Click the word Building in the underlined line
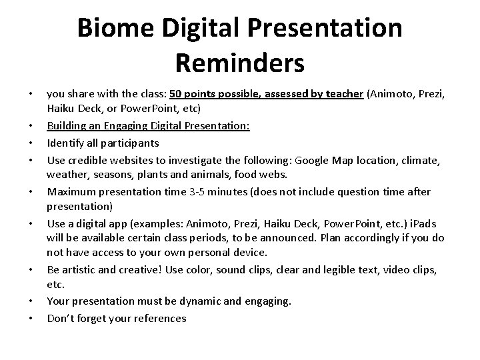click(x=67, y=126)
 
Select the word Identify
click(x=65, y=143)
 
